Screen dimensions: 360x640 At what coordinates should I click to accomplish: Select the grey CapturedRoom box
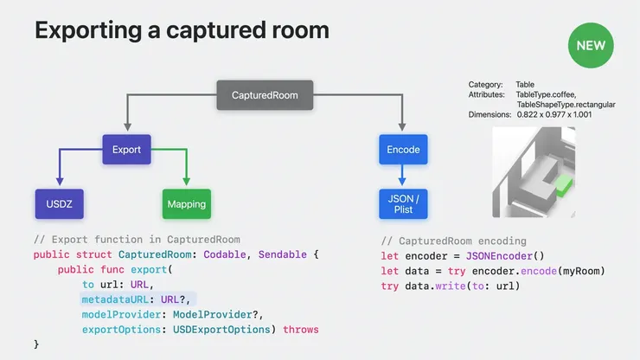pyautogui.click(x=265, y=95)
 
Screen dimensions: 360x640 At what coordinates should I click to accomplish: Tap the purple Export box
pyautogui.click(x=126, y=150)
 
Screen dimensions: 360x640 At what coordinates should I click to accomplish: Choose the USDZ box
pyautogui.click(x=59, y=204)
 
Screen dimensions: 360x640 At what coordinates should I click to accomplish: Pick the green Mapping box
pyautogui.click(x=187, y=204)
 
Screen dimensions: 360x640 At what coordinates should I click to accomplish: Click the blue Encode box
pyautogui.click(x=403, y=150)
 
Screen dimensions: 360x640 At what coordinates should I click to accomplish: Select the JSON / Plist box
pyautogui.click(x=403, y=204)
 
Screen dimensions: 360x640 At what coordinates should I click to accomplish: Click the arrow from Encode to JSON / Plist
pyautogui.click(x=403, y=176)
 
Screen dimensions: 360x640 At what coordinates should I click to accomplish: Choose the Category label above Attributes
pyautogui.click(x=485, y=84)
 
